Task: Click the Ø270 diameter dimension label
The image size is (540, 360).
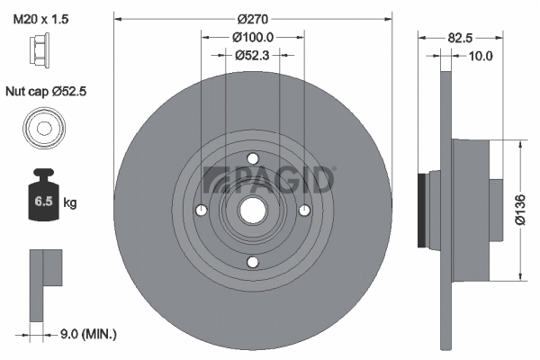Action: pyautogui.click(x=252, y=19)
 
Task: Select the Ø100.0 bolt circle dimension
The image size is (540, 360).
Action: pyautogui.click(x=253, y=37)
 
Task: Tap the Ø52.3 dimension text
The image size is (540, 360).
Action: pyautogui.click(x=252, y=55)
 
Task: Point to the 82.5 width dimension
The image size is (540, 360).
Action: pyautogui.click(x=460, y=38)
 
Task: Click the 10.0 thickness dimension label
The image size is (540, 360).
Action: pyautogui.click(x=481, y=56)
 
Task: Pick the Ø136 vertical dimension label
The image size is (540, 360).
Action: pyautogui.click(x=520, y=210)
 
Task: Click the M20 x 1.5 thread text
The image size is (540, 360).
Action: pyautogui.click(x=40, y=19)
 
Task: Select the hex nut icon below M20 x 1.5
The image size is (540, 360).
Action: pyautogui.click(x=40, y=49)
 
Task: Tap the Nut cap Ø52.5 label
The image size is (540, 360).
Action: pyautogui.click(x=46, y=91)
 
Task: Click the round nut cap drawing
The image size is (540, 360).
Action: pyautogui.click(x=44, y=129)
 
